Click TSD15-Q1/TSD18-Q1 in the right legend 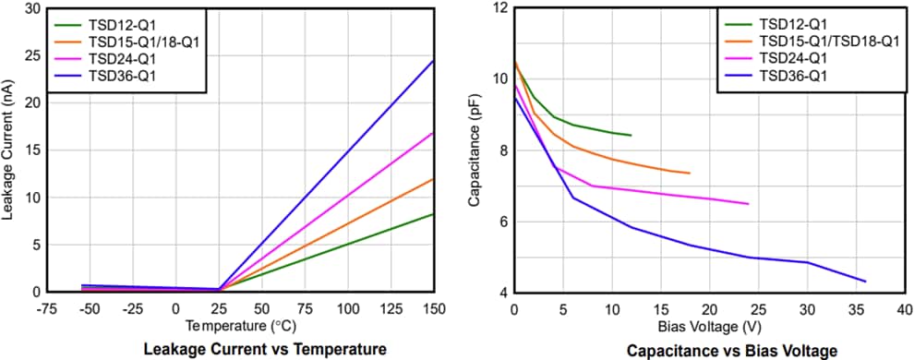[829, 41]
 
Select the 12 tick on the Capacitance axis [499, 9]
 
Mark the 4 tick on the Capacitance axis [502, 293]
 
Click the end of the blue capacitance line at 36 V [865, 281]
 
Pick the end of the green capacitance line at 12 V [631, 136]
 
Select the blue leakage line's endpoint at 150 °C [434, 61]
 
